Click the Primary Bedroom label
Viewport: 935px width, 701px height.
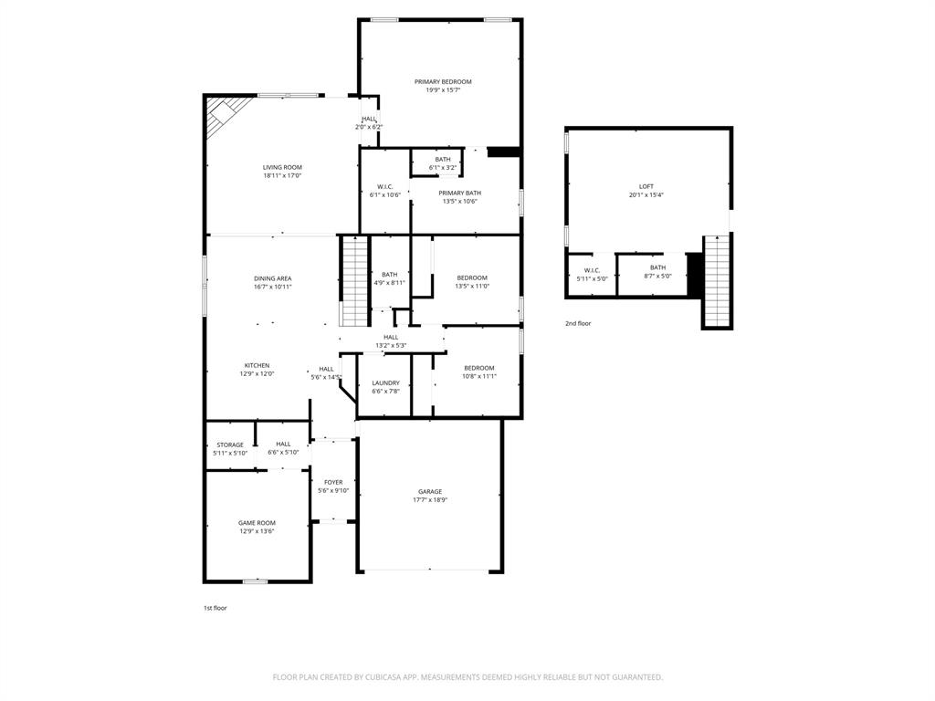[x=443, y=81]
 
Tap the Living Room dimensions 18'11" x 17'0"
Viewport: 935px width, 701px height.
[x=282, y=175]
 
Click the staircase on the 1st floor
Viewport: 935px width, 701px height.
[x=354, y=280]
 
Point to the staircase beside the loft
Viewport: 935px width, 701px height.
[x=717, y=280]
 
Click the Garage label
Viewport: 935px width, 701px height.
[x=430, y=491]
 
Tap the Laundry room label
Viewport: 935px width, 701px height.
[x=385, y=382]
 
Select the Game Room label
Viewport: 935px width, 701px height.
[x=257, y=523]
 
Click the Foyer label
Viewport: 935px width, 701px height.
[x=333, y=482]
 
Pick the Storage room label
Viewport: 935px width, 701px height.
[x=230, y=445]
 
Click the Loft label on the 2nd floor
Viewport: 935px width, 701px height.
[x=646, y=186]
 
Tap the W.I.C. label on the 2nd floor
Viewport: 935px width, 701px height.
[x=592, y=269]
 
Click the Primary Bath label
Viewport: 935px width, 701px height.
[x=459, y=193]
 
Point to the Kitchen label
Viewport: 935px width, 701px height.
[x=257, y=365]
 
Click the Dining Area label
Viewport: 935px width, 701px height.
[x=272, y=278]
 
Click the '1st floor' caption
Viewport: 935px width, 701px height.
[x=215, y=608]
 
